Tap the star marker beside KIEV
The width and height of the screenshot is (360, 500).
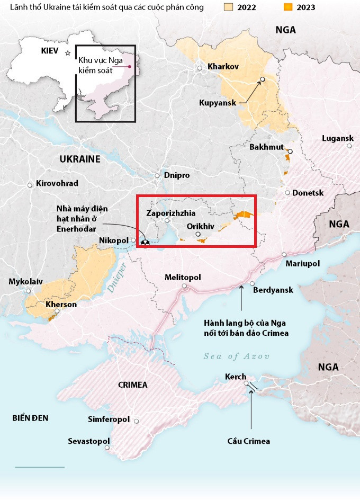point(67,52)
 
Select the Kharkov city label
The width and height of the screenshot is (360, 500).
point(223,67)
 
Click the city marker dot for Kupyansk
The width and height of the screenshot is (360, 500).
point(263,80)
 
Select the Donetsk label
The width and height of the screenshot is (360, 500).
point(308,193)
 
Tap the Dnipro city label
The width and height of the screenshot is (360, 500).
point(177,175)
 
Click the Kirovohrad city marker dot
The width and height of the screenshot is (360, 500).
point(30,185)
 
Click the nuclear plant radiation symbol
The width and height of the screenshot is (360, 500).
point(143,243)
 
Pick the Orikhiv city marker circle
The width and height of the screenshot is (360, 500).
point(197,234)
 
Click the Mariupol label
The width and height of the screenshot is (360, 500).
point(303,263)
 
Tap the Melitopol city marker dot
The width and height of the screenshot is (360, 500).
point(185,287)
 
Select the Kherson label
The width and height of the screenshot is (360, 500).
point(61,305)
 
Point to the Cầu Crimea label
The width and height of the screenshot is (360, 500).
point(249,441)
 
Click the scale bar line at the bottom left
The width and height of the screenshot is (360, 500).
point(40,467)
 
